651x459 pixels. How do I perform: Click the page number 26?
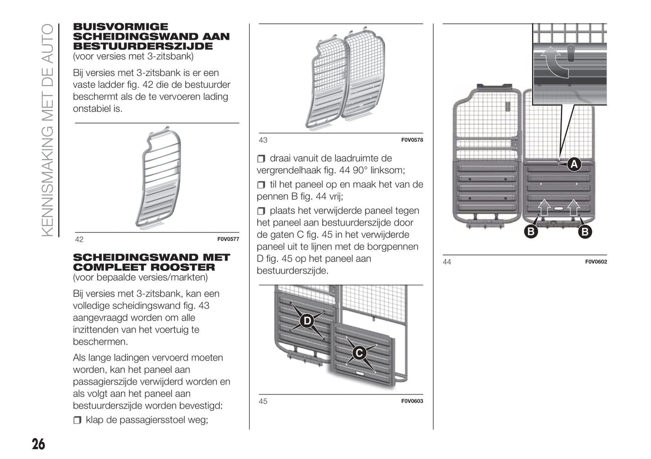[x=38, y=444]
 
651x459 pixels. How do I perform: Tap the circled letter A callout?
[x=574, y=164]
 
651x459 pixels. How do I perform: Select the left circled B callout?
[x=531, y=232]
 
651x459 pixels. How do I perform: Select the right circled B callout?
[x=585, y=232]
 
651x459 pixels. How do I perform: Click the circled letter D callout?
[x=307, y=321]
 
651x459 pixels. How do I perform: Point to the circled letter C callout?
[x=359, y=353]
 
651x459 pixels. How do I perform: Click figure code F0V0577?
[x=228, y=239]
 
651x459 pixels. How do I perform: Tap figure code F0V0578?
[x=412, y=140]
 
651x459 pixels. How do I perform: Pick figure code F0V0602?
[x=596, y=262]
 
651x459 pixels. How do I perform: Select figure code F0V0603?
[x=412, y=401]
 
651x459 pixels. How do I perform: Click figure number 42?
[x=79, y=239]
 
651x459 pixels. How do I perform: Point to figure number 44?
[x=447, y=262]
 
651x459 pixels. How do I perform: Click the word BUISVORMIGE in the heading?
[x=121, y=27]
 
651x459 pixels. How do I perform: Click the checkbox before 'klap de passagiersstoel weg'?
[x=77, y=420]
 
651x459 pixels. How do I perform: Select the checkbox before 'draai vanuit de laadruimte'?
[x=261, y=159]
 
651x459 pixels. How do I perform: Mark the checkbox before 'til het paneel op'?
[x=261, y=185]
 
